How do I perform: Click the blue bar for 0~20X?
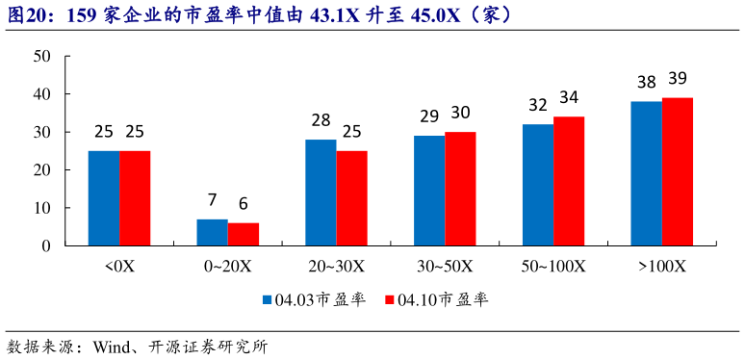(213, 232)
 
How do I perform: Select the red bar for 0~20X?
(244, 234)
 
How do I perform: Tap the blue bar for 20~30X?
(321, 193)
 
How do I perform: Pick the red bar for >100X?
(678, 171)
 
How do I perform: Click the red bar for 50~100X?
(569, 181)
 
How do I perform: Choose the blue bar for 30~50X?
(429, 191)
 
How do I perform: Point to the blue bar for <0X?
(104, 198)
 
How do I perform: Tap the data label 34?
(569, 98)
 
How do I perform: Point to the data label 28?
(321, 121)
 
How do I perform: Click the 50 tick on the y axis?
(41, 57)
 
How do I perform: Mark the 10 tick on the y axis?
(41, 208)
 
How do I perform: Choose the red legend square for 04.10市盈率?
(389, 300)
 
